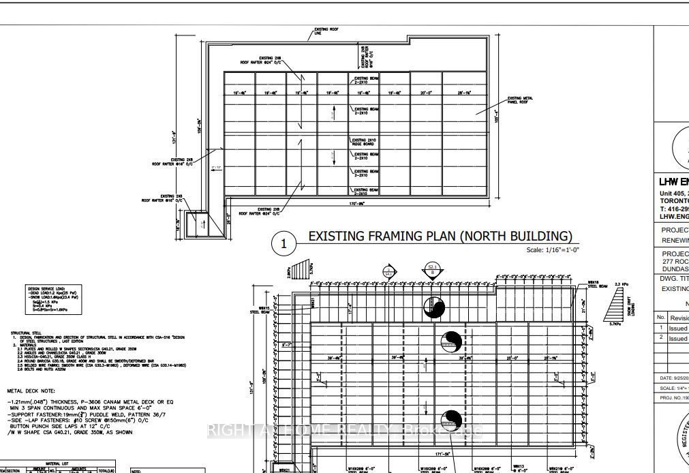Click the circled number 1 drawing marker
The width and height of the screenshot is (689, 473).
pos(284,243)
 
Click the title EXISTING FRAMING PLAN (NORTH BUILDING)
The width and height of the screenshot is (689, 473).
pos(440,236)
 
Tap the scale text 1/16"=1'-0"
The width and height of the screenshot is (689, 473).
pos(553,249)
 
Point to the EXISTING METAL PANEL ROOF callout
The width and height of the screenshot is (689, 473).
pos(519,100)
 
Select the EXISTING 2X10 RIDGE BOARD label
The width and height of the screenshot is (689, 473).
pos(365,142)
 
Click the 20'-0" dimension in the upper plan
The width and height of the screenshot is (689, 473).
pos(426,93)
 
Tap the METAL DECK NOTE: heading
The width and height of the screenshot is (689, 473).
pos(35,391)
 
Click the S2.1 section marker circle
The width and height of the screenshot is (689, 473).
pos(432,270)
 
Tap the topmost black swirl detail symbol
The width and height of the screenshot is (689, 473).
pos(433,308)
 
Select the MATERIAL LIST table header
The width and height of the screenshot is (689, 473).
pos(57,464)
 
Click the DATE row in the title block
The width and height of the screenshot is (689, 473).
pos(672,378)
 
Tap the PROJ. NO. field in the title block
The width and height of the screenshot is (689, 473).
pos(672,397)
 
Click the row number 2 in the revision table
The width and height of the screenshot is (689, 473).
pos(660,338)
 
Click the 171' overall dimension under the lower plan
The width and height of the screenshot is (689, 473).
pos(443,453)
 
